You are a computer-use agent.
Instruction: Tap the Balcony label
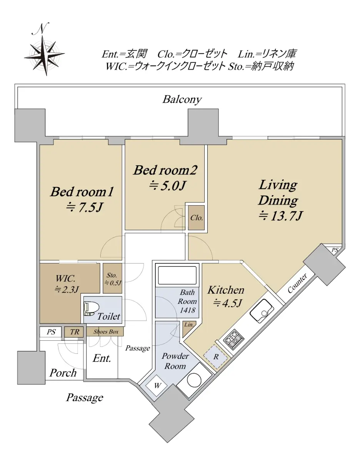click(182, 99)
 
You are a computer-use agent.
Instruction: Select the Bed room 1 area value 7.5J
click(85, 208)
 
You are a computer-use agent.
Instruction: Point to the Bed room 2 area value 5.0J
click(168, 186)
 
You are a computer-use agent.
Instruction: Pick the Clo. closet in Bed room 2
click(197, 218)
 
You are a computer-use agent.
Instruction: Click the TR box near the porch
click(75, 331)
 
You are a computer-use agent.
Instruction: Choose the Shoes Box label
click(106, 331)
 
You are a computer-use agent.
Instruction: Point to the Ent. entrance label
click(102, 358)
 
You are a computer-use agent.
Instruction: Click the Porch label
click(63, 373)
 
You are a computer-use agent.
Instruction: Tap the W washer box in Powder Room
click(157, 385)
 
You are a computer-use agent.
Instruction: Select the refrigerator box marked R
click(215, 357)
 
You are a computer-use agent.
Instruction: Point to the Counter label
click(297, 283)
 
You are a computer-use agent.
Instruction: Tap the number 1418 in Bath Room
click(187, 310)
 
